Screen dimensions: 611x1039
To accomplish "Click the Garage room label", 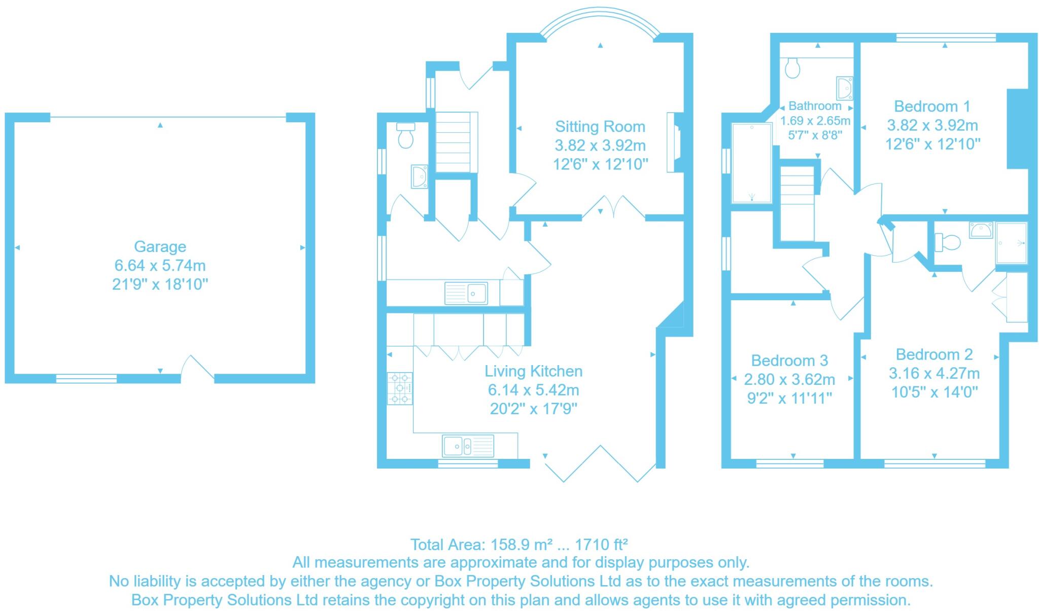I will coord(160,246).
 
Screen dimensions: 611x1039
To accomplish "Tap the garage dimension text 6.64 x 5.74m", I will coord(160,265).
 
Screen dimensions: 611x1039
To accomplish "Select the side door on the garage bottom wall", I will coord(198,369).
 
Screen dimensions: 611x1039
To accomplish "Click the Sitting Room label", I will coord(600,126).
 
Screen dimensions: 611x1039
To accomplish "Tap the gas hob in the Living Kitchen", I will coord(400,388).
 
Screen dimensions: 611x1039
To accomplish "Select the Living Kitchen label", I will coord(533,371).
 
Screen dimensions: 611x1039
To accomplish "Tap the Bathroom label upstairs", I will coord(815,106).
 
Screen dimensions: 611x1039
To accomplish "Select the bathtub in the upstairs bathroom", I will coord(751,162).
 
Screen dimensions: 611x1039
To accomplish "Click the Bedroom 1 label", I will coord(932,106).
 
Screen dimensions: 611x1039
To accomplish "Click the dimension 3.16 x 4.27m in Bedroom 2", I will coord(934,373).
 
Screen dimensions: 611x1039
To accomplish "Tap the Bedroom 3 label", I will coord(789,361).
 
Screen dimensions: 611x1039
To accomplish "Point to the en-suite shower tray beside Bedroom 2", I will coord(1011,243).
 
